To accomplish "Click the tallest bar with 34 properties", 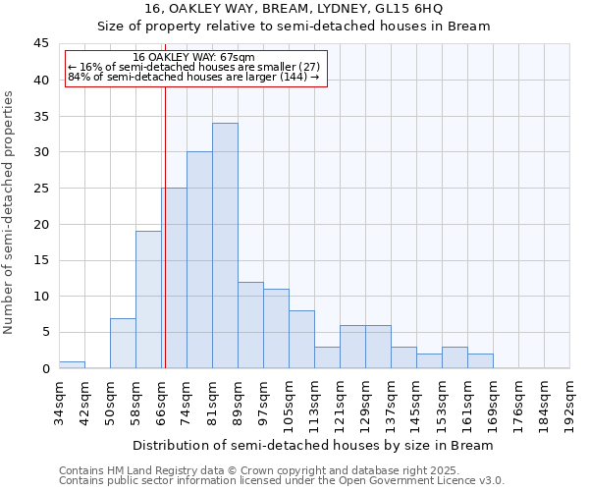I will pyautogui.click(x=225, y=245).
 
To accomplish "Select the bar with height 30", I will pyautogui.click(x=199, y=260).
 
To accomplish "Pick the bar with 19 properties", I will pyautogui.click(x=148, y=300).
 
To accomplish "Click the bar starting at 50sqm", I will pyautogui.click(x=123, y=343).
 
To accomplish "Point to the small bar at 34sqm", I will pyautogui.click(x=72, y=364).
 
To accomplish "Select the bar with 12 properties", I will pyautogui.click(x=250, y=325).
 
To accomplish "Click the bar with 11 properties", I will pyautogui.click(x=276, y=329).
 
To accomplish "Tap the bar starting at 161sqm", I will pyautogui.click(x=480, y=361).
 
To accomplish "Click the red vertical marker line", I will pyautogui.click(x=165, y=226).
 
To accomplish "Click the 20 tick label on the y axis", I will pyautogui.click(x=41, y=224).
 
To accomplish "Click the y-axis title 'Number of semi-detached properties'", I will pyautogui.click(x=10, y=212).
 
